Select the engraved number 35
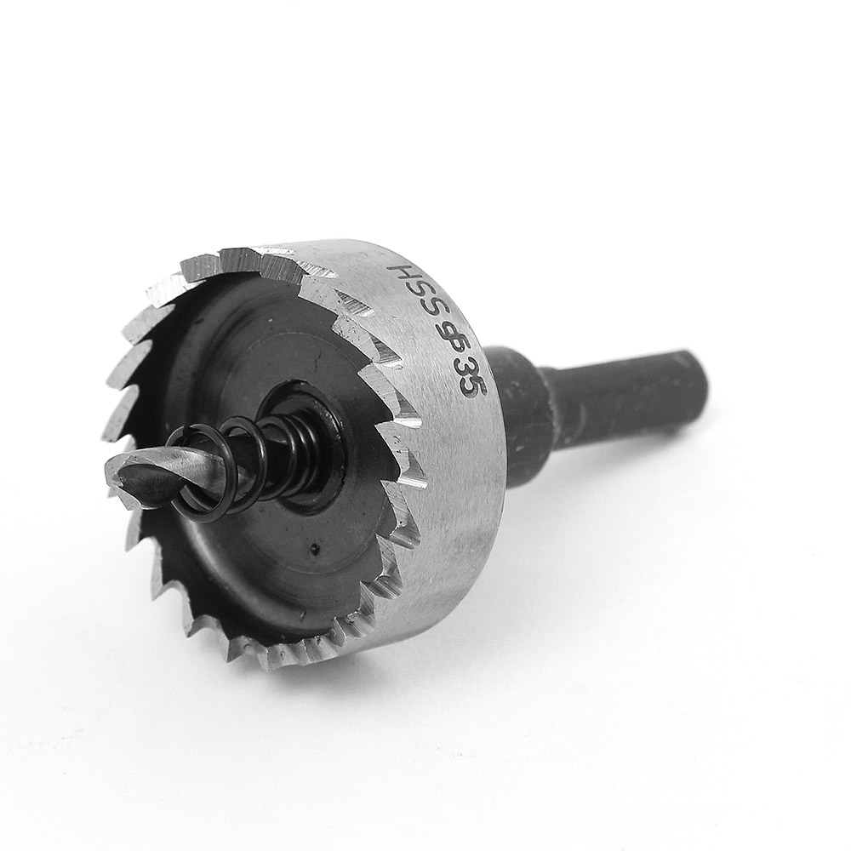pos(469,379)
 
